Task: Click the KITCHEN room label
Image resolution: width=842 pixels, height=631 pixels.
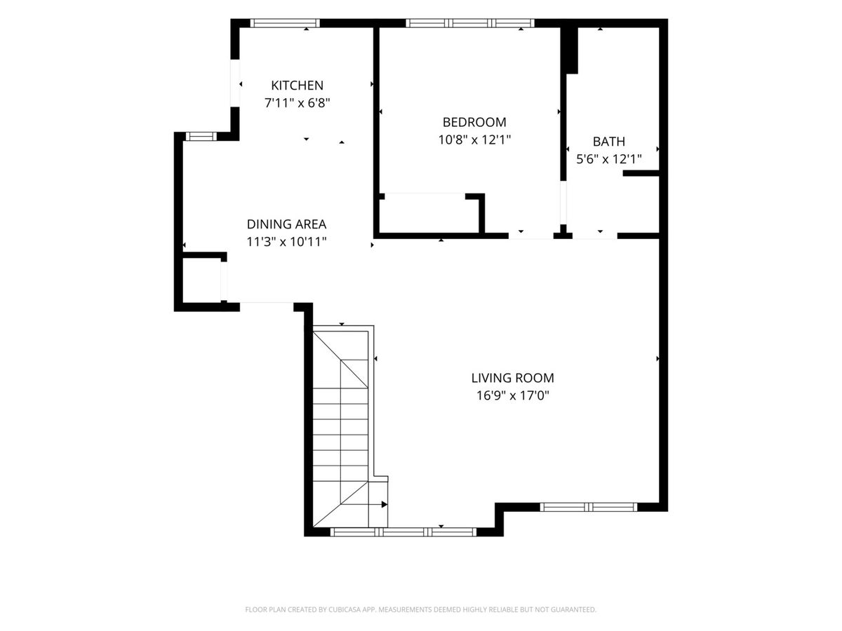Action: pos(297,85)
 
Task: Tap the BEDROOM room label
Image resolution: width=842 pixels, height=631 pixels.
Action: pos(474,122)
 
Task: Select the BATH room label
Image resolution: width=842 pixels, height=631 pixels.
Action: pos(609,142)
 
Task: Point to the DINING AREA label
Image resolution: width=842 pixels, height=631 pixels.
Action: pos(286,224)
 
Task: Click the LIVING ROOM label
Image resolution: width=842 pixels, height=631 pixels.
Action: pos(512,378)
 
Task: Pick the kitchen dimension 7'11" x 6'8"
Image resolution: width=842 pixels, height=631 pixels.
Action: pos(297,103)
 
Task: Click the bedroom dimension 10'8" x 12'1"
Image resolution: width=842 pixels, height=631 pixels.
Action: pos(474,140)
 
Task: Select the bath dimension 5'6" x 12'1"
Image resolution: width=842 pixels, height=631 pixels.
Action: pos(609,159)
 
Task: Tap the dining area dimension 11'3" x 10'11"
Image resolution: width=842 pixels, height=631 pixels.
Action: pos(286,242)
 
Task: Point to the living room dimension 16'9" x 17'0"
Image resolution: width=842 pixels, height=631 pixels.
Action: pos(512,395)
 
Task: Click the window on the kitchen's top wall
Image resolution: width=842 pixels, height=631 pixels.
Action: pos(285,23)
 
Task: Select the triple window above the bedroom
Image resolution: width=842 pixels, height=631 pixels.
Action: pos(470,23)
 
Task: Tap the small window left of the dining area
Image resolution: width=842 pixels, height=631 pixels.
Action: pos(201,137)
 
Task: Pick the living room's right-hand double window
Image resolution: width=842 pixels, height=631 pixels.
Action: pos(589,507)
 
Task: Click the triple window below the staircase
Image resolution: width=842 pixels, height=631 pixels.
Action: pos(403,531)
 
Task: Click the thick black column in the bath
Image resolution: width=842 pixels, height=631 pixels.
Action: pos(569,50)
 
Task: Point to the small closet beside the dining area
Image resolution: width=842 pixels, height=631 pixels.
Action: pos(202,281)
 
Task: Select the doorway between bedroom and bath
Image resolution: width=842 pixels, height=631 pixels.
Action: pos(563,203)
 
